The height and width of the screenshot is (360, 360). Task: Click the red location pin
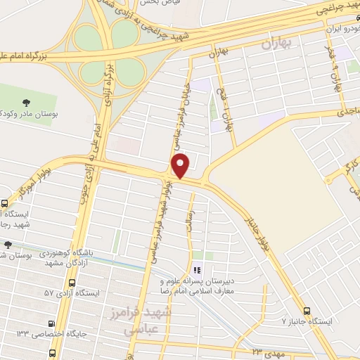click(x=181, y=165)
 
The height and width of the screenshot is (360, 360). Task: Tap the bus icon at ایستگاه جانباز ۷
click(x=306, y=311)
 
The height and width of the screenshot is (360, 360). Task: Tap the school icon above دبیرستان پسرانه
click(x=197, y=270)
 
